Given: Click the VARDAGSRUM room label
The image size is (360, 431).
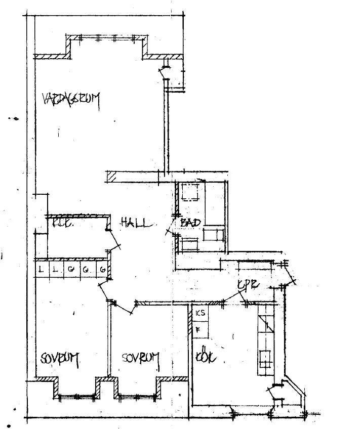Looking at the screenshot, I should click(x=71, y=99).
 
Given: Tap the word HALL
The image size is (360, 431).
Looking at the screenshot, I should click(x=135, y=223).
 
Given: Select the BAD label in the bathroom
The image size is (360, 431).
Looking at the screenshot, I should click(x=190, y=223).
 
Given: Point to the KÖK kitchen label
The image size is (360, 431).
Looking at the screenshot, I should click(x=207, y=357).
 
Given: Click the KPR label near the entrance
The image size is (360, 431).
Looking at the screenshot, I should click(x=248, y=285).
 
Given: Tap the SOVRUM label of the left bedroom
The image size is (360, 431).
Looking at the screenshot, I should click(x=60, y=359).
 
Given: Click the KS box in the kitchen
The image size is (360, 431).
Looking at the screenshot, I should click(x=201, y=313).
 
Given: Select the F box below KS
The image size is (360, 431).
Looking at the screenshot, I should click(x=199, y=329).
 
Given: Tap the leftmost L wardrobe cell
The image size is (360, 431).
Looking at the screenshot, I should click(x=41, y=269).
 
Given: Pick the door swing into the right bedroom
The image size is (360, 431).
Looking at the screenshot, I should click(x=123, y=307).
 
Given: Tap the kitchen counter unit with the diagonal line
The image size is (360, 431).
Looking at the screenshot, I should click(x=266, y=324).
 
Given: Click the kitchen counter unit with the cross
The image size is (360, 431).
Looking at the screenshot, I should click(x=266, y=358).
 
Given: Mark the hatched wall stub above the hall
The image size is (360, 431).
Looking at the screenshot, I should click(x=112, y=177).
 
